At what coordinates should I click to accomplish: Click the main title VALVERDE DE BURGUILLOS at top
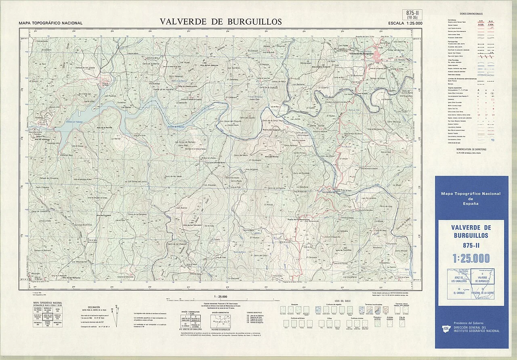221,22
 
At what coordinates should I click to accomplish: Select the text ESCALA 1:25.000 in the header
405,23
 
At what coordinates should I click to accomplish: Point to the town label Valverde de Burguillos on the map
361,54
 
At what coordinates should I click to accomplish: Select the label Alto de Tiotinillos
345,250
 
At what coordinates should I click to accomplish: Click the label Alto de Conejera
103,216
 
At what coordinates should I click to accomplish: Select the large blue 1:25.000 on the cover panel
471,258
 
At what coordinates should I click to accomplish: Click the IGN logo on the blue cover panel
446,329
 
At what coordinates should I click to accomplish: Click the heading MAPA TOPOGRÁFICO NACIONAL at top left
50,23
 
